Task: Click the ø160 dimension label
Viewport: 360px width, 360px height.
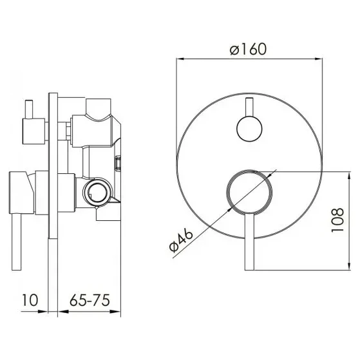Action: (248, 49)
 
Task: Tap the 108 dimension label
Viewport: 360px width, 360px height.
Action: (338, 220)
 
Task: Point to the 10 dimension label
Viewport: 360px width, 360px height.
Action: (30, 300)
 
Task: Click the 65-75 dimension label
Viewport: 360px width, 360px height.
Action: (90, 300)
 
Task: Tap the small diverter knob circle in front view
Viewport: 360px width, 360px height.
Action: (249, 129)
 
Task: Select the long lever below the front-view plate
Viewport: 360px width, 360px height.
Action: (250, 242)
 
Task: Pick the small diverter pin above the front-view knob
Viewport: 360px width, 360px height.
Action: (250, 107)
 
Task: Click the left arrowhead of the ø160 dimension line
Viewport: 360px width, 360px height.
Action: (180, 59)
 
